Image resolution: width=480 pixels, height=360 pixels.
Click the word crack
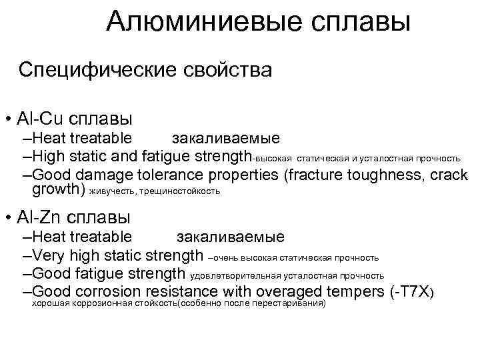point(449,175)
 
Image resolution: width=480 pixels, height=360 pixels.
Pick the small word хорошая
point(49,303)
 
